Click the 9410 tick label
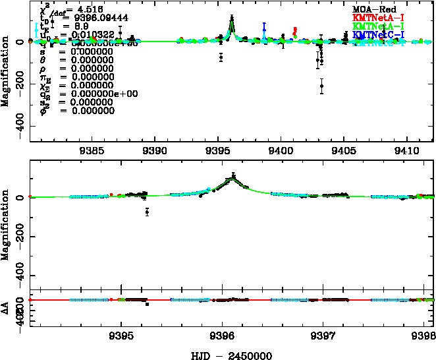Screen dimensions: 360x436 click(x=408, y=150)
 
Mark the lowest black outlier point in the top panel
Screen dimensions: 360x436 click(x=321, y=86)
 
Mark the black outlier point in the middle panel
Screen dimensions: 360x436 click(x=148, y=212)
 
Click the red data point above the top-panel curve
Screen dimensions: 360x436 click(x=294, y=31)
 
